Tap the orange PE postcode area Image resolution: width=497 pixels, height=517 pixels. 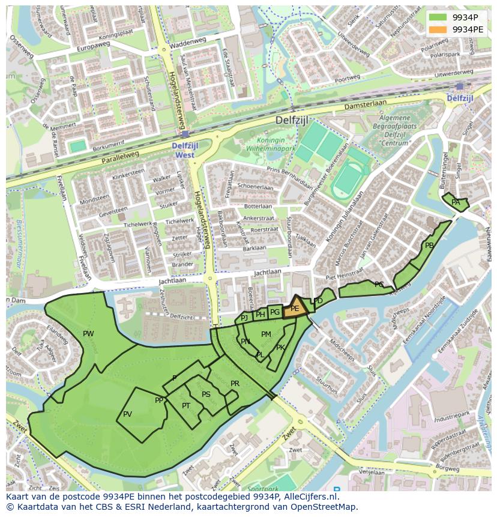(x=295, y=308)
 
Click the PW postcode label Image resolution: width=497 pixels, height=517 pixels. (x=88, y=334)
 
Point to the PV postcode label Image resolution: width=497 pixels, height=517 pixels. (x=127, y=414)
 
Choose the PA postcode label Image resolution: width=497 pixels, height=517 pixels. (x=456, y=202)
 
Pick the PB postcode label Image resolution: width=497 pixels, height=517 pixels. (x=429, y=246)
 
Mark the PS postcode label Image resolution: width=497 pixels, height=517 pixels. (x=206, y=395)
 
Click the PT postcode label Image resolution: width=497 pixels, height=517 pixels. (x=186, y=406)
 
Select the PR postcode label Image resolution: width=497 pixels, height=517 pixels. (x=235, y=384)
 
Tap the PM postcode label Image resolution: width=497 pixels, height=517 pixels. (x=266, y=334)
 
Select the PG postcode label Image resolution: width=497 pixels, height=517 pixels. (x=275, y=312)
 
